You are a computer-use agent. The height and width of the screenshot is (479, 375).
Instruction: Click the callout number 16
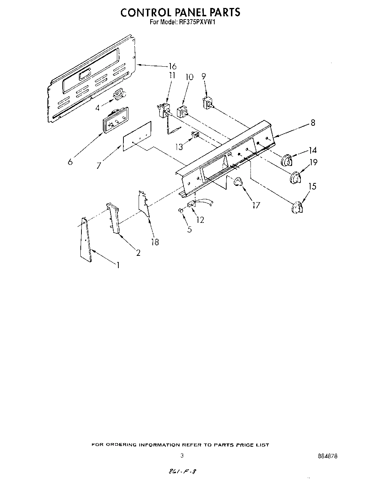pos(172,66)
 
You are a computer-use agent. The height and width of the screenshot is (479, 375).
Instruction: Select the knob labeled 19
pos(295,178)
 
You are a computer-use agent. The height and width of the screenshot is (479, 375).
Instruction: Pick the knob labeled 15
pos(297,208)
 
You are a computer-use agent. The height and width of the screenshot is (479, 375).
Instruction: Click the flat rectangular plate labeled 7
pos(137,136)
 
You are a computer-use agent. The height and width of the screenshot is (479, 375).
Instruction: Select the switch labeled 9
pos(208,103)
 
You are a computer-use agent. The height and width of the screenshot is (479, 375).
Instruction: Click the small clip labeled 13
pos(196,136)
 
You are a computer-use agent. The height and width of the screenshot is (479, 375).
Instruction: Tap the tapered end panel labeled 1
pos(85,240)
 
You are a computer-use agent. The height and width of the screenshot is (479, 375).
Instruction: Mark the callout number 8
pos(312,123)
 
